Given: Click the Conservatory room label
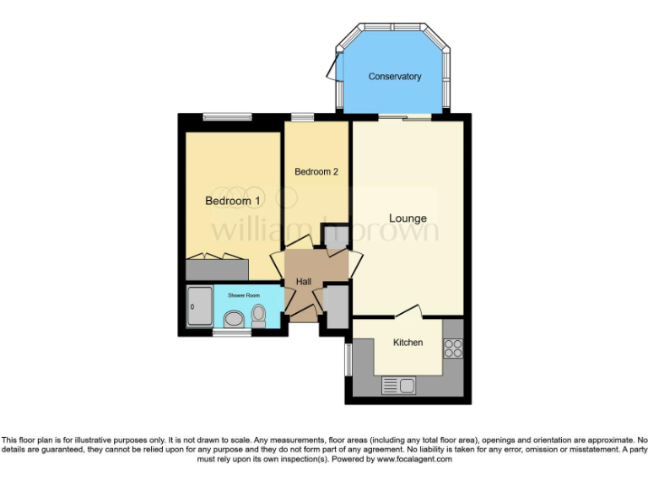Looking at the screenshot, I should (394, 77).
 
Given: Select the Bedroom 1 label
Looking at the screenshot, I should (233, 202).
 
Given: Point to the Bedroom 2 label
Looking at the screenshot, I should (316, 172).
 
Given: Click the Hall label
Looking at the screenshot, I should (305, 282).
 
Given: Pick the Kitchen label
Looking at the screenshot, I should (408, 343).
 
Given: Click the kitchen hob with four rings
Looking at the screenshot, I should (453, 348).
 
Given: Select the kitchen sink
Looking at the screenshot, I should (399, 386).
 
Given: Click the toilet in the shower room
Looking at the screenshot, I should (258, 315).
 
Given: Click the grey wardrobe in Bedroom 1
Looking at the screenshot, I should (217, 269).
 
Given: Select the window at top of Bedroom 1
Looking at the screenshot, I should (227, 117).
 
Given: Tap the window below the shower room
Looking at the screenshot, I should (231, 334).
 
